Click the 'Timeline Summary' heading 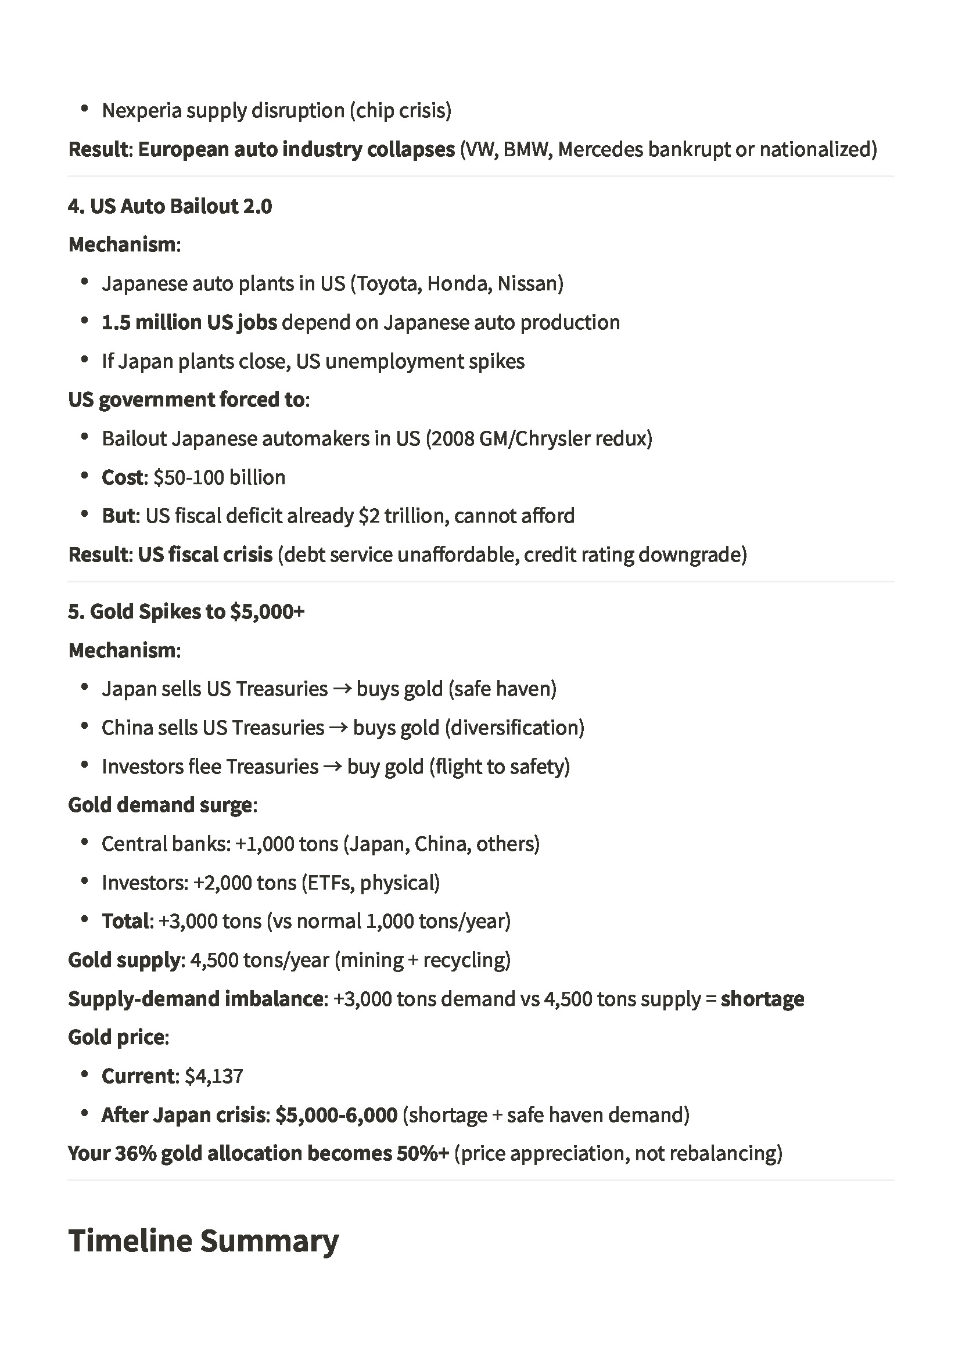point(203,1241)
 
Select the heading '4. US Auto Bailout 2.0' point(170,206)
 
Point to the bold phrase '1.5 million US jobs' point(189,322)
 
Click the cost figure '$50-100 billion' point(220,477)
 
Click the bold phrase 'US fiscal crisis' point(205,555)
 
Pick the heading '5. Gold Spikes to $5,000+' point(186,611)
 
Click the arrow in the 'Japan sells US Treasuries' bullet point(342,689)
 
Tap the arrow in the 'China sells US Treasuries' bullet point(339,728)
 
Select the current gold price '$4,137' point(214,1076)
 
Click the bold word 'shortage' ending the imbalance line point(762,999)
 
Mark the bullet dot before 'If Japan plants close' point(85,360)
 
